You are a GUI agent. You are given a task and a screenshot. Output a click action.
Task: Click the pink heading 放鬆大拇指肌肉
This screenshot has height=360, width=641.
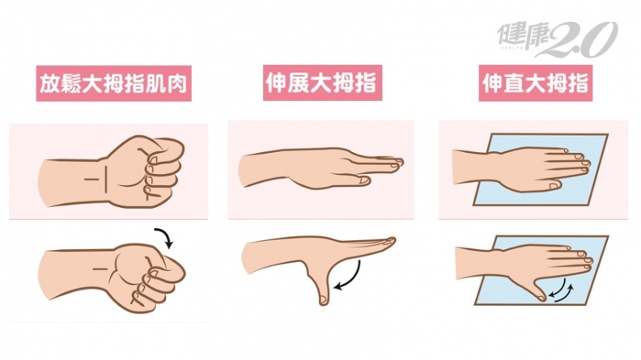click(113, 84)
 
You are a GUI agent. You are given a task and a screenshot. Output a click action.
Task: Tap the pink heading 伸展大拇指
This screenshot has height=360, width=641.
click(322, 83)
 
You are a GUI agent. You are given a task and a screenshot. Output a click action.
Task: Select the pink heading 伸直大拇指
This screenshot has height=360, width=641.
click(536, 83)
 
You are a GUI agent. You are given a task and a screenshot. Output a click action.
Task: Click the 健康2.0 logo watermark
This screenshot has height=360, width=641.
click(557, 38)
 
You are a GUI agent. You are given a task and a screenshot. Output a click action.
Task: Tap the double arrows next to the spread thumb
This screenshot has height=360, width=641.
click(561, 290)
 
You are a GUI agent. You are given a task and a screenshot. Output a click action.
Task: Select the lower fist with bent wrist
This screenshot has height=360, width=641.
click(112, 277)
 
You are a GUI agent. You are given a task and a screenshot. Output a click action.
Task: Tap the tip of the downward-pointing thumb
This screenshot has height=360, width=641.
click(324, 301)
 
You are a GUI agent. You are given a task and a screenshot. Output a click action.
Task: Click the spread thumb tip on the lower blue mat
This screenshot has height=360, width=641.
click(541, 297)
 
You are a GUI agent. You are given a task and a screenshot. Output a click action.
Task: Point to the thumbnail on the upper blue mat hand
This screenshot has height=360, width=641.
click(555, 186)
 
